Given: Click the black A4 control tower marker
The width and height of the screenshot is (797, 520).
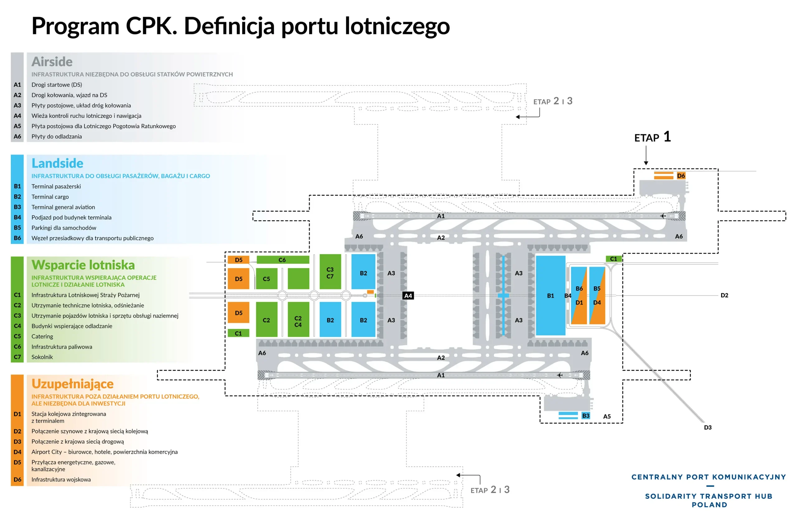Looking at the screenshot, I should pyautogui.click(x=408, y=295).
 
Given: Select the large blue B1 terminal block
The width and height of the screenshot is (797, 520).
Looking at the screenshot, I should pyautogui.click(x=550, y=295).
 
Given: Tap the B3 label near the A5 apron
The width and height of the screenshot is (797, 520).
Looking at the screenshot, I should pyautogui.click(x=586, y=416).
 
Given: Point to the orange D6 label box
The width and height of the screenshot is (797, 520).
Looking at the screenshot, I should pyautogui.click(x=681, y=176).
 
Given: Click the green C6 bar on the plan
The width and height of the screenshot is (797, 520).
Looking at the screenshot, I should pyautogui.click(x=283, y=260).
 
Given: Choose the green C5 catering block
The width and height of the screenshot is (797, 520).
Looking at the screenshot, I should pyautogui.click(x=266, y=279).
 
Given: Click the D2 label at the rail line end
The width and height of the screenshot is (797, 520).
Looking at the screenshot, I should pyautogui.click(x=724, y=295).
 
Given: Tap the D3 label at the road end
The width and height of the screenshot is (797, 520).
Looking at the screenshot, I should pyautogui.click(x=708, y=427).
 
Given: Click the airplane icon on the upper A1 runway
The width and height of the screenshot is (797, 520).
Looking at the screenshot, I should pyautogui.click(x=663, y=216).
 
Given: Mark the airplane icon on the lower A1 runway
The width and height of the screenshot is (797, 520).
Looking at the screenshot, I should pyautogui.click(x=559, y=375).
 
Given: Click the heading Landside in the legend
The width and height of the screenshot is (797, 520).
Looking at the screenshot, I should pyautogui.click(x=57, y=163).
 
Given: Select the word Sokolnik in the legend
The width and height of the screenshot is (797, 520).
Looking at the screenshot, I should pyautogui.click(x=42, y=357).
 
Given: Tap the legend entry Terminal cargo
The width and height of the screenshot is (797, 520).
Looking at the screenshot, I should pyautogui.click(x=50, y=197).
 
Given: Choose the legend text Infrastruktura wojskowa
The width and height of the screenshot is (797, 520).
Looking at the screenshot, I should pyautogui.click(x=61, y=479).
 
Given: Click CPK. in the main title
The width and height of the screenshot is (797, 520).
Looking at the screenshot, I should pyautogui.click(x=151, y=26).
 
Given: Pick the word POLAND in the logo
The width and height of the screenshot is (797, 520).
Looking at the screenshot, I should pyautogui.click(x=709, y=505).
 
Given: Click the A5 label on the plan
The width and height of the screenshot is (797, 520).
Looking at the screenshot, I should pyautogui.click(x=607, y=417).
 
